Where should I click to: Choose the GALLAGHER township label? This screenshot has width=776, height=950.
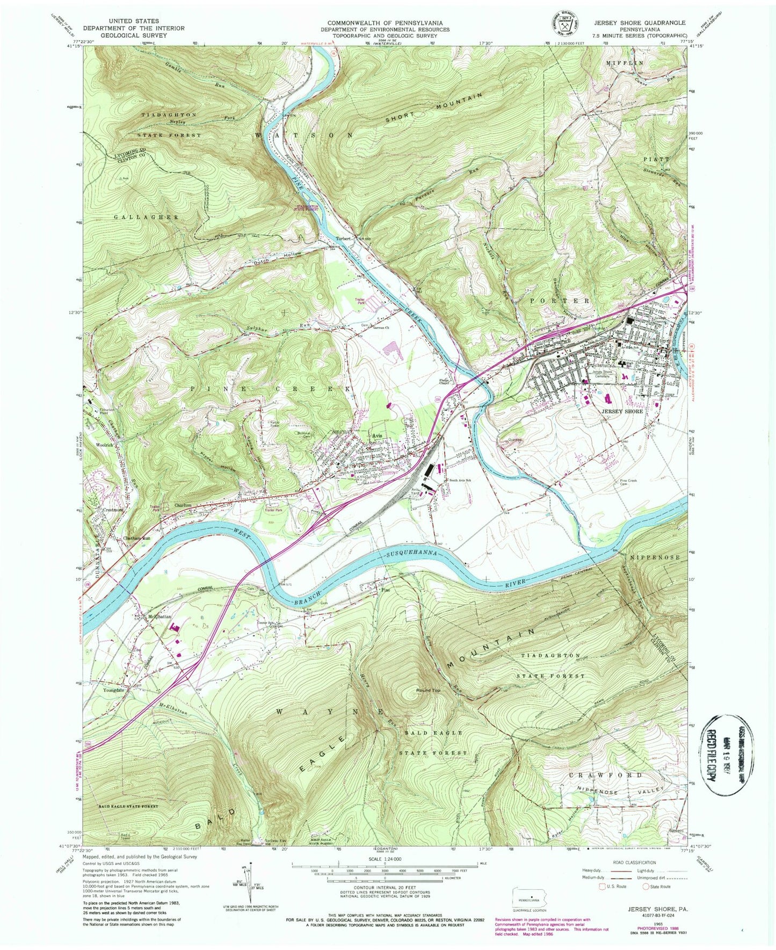139,216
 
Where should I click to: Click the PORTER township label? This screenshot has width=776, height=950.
565,301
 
